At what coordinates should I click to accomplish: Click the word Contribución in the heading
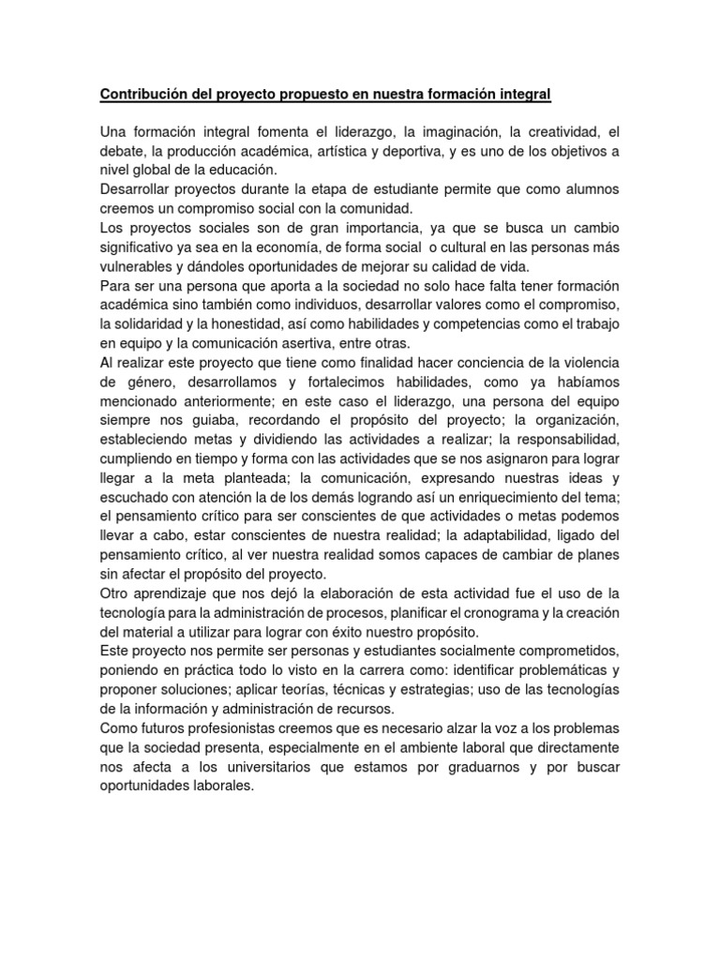click(x=142, y=95)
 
